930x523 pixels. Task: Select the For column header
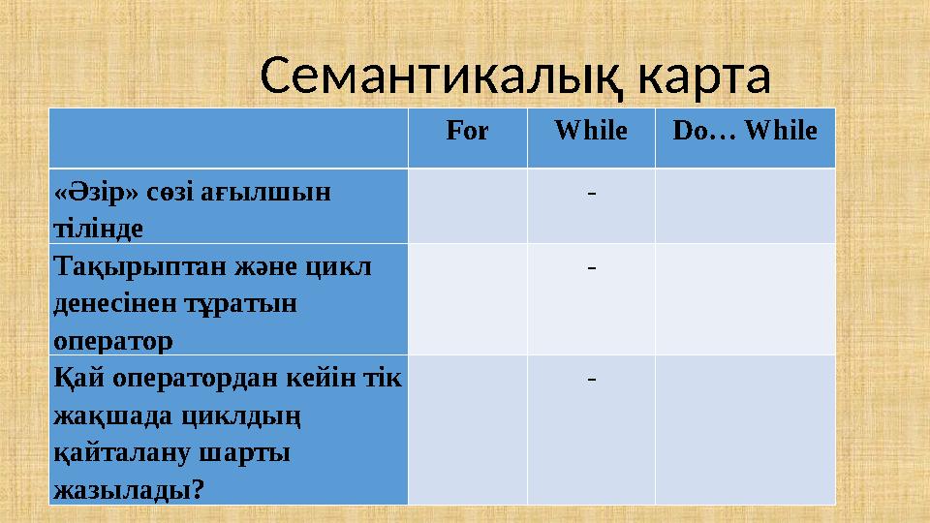click(x=467, y=131)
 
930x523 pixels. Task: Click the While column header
click(x=591, y=131)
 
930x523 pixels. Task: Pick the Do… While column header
click(x=744, y=131)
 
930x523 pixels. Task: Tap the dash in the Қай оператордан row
click(x=591, y=377)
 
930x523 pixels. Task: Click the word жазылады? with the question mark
click(x=129, y=490)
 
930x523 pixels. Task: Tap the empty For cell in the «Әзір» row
click(x=467, y=205)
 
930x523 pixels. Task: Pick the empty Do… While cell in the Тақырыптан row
click(x=744, y=298)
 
